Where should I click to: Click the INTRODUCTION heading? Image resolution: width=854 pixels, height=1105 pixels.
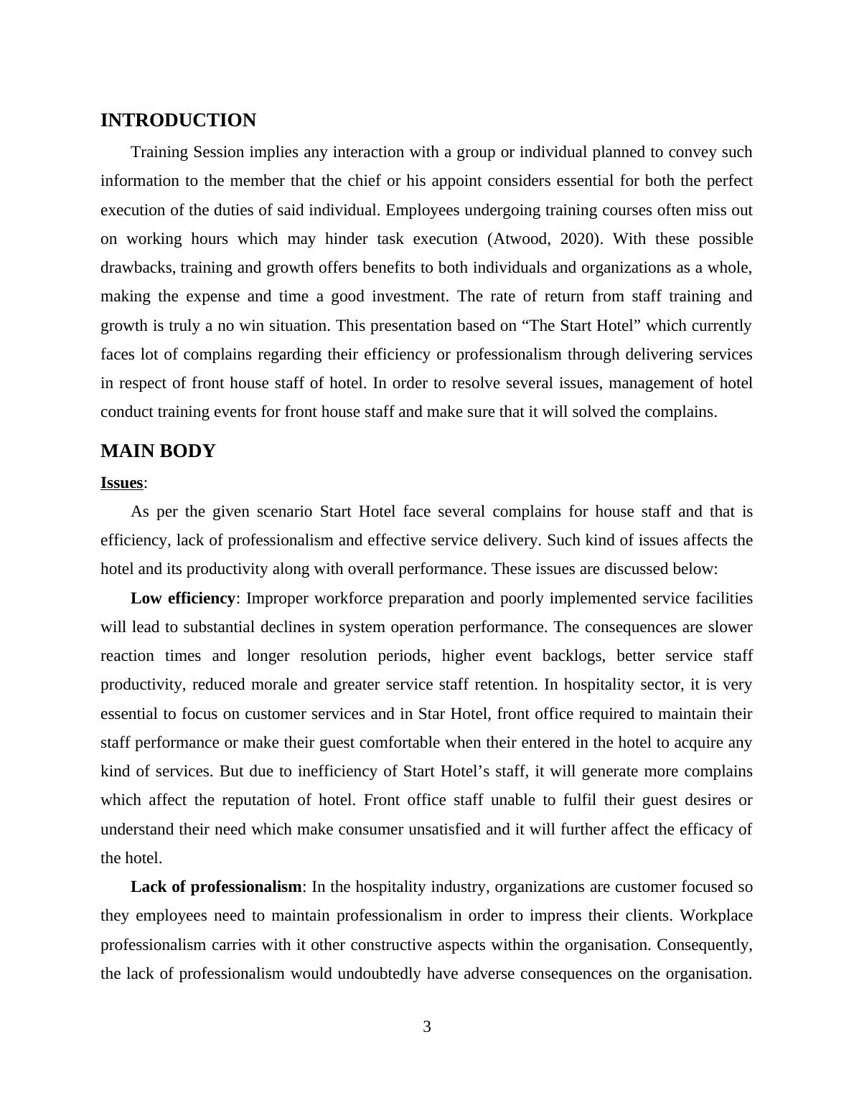click(178, 121)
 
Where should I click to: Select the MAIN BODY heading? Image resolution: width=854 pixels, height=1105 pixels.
click(158, 451)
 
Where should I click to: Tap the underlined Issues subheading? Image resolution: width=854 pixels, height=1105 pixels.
click(122, 483)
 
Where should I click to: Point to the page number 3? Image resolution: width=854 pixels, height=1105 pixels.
click(427, 1027)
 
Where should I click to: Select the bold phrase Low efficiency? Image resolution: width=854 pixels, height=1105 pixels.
click(183, 598)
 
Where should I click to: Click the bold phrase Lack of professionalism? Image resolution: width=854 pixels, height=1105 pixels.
click(216, 887)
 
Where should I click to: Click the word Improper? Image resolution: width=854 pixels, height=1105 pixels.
click(276, 598)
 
